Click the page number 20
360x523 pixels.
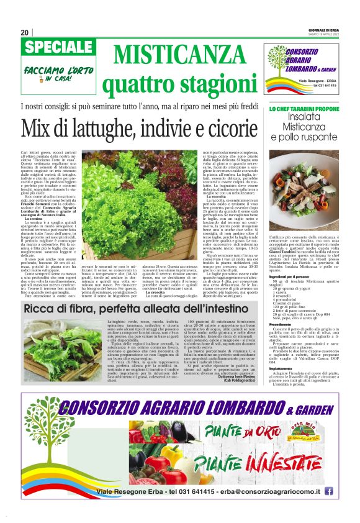25,32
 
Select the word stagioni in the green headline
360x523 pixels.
210,79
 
